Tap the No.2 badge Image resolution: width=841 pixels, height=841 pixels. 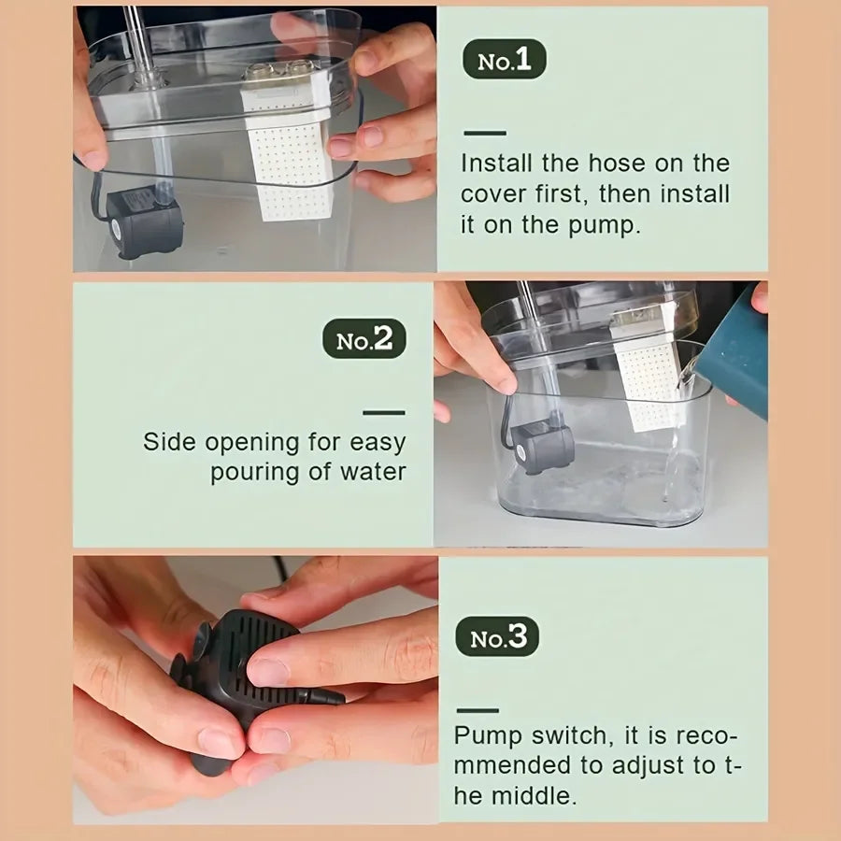(364, 340)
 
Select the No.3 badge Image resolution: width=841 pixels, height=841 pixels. (497, 638)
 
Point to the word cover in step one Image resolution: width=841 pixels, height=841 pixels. (492, 195)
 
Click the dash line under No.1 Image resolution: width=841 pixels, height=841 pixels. (484, 133)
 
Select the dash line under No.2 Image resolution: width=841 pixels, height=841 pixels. (384, 411)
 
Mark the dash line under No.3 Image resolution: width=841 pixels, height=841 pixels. (477, 709)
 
